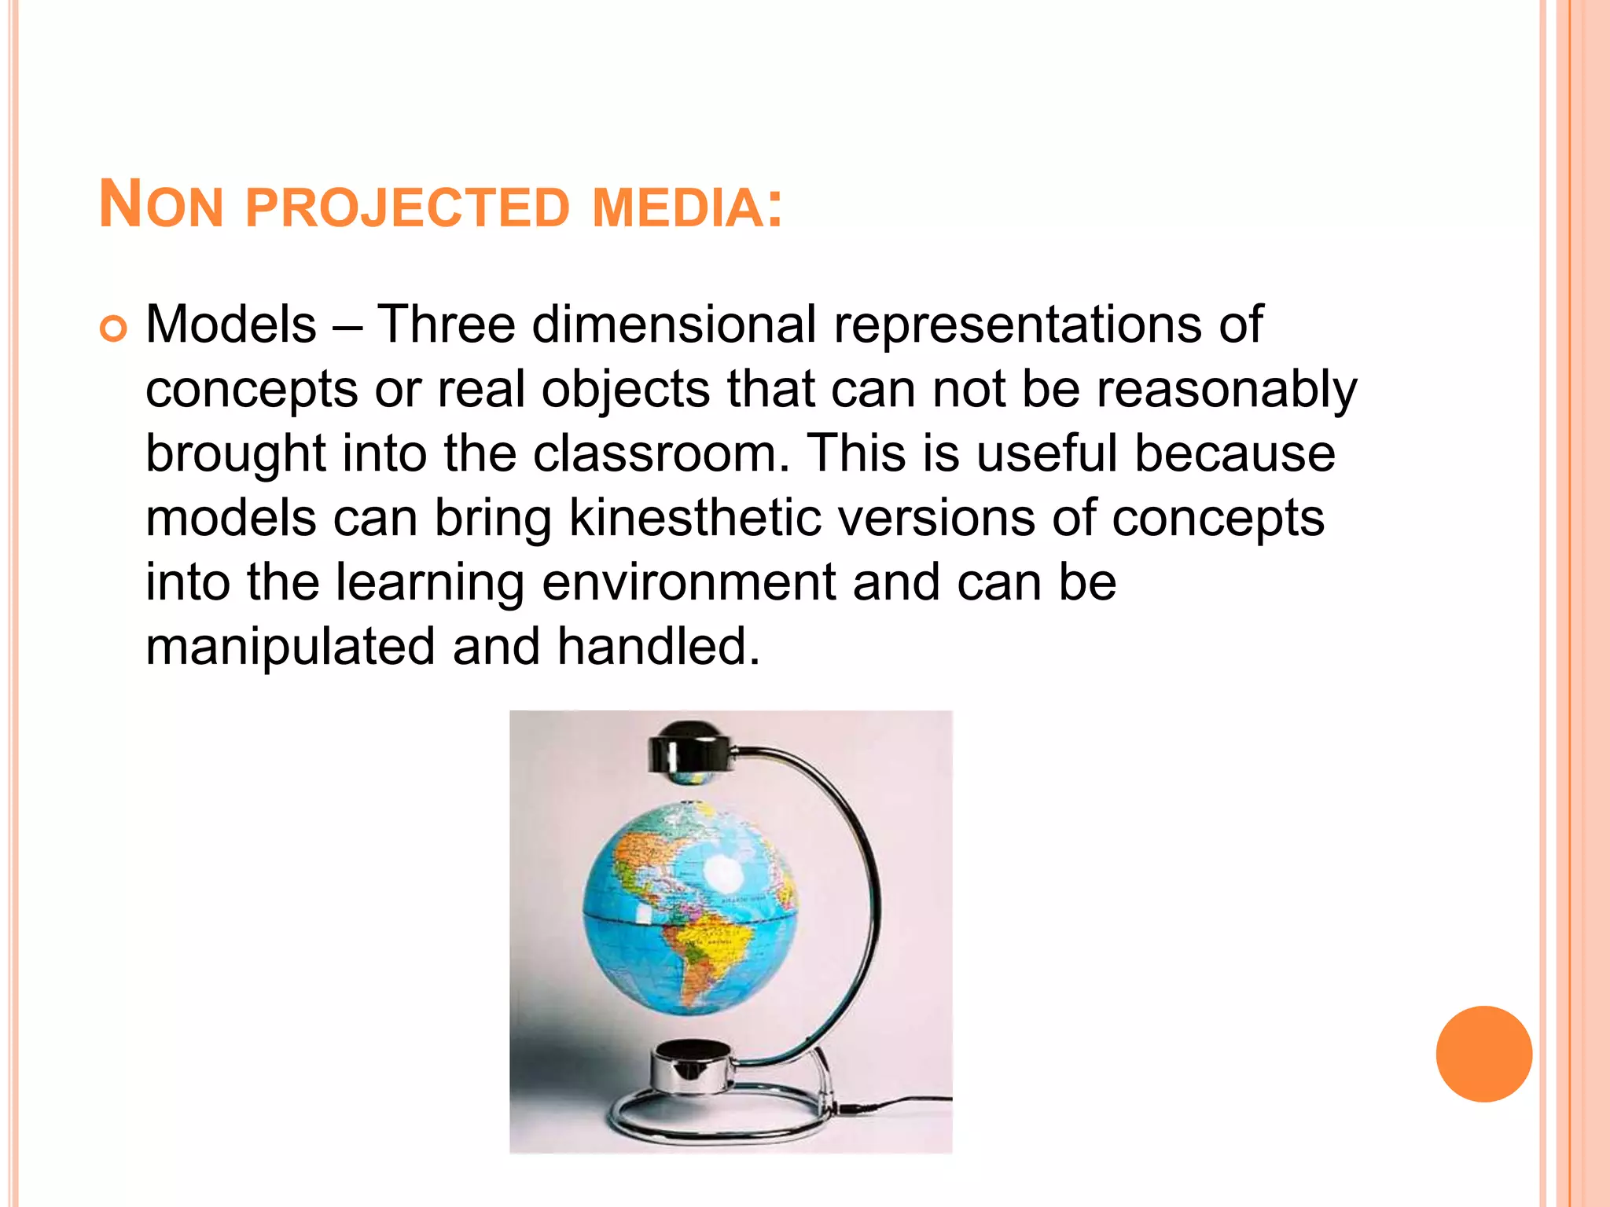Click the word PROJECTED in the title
pyautogui.click(x=406, y=208)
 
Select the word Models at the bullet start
pyautogui.click(x=231, y=325)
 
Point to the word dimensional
pyautogui.click(x=674, y=325)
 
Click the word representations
pyautogui.click(x=1017, y=325)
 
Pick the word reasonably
pyautogui.click(x=1226, y=390)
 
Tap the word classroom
pyautogui.click(x=660, y=454)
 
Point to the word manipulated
pyautogui.click(x=290, y=648)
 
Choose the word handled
pyautogui.click(x=659, y=648)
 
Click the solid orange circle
pyautogui.click(x=1483, y=1054)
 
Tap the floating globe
pyautogui.click(x=690, y=908)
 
